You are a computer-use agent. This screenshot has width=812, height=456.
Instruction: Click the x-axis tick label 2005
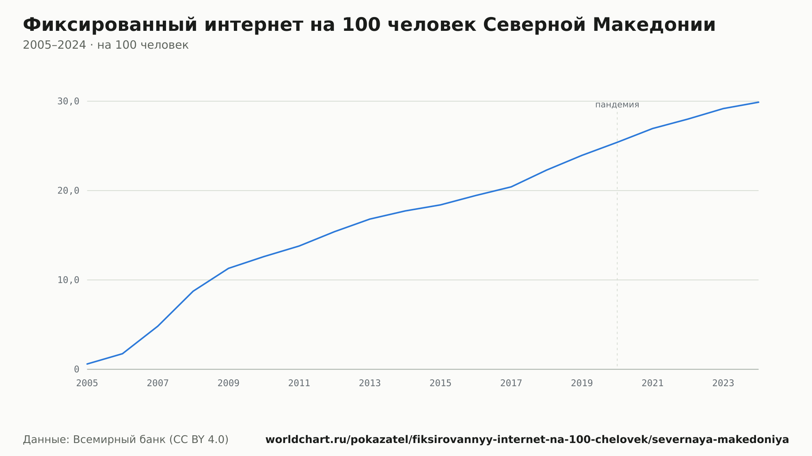pyautogui.click(x=87, y=383)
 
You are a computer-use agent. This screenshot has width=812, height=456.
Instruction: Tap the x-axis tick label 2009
pyautogui.click(x=229, y=383)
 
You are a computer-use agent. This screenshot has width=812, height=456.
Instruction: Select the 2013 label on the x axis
pyautogui.click(x=370, y=383)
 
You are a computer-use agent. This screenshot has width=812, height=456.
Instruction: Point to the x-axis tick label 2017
pyautogui.click(x=511, y=383)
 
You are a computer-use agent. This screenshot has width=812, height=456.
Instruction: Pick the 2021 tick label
pyautogui.click(x=652, y=383)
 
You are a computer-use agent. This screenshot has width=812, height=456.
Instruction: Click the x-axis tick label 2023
pyautogui.click(x=723, y=383)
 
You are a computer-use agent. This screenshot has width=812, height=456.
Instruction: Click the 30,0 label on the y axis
pyautogui.click(x=68, y=101)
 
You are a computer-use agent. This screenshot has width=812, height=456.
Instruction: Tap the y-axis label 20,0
pyautogui.click(x=68, y=191)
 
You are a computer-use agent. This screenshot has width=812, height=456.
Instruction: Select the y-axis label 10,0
pyautogui.click(x=68, y=280)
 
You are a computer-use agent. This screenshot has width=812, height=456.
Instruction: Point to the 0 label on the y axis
pyautogui.click(x=76, y=370)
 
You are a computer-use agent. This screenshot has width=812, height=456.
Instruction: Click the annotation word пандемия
pyautogui.click(x=617, y=105)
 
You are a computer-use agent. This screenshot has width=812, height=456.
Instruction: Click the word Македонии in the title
pyautogui.click(x=654, y=25)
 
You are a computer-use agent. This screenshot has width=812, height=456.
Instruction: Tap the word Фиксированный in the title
pyautogui.click(x=110, y=25)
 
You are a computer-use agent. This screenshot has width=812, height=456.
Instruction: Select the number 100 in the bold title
pyautogui.click(x=361, y=25)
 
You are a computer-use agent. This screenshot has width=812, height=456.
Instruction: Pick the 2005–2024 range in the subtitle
pyautogui.click(x=54, y=45)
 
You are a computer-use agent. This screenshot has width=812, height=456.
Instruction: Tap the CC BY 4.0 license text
pyautogui.click(x=199, y=439)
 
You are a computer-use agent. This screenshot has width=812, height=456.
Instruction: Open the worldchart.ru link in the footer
pyautogui.click(x=527, y=439)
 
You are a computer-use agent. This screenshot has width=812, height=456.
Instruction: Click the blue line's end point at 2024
pyautogui.click(x=758, y=102)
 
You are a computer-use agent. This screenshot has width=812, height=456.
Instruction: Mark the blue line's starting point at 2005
pyautogui.click(x=87, y=364)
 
